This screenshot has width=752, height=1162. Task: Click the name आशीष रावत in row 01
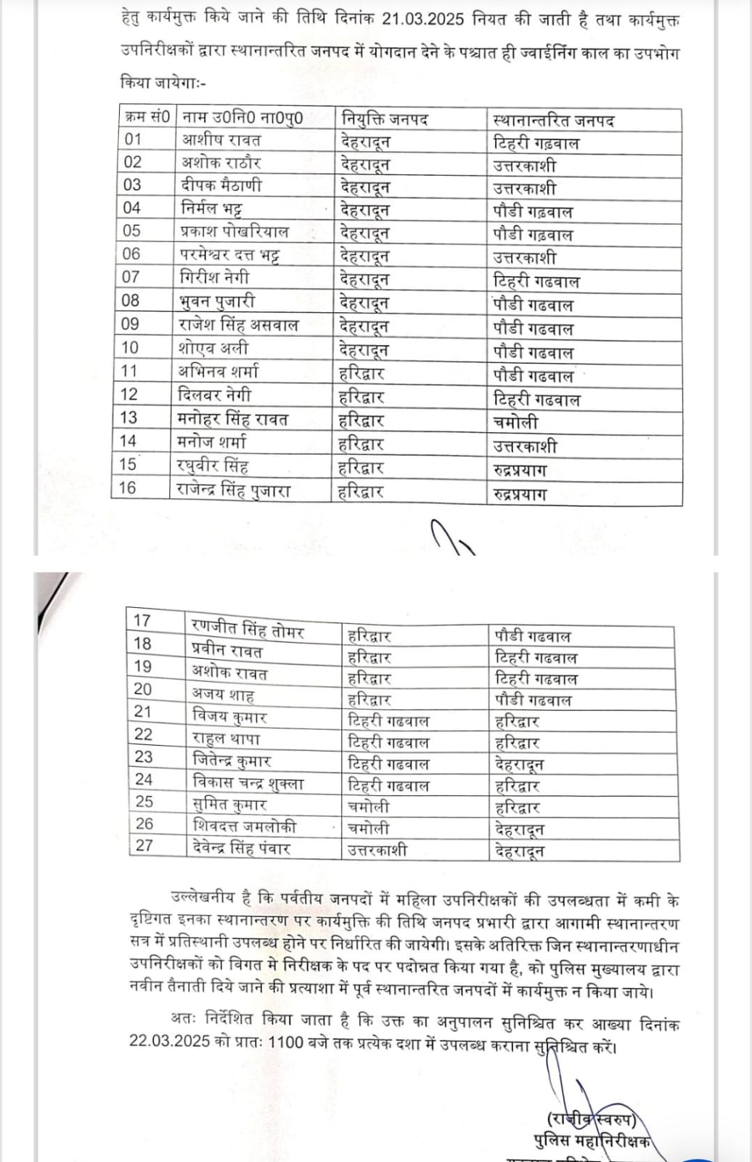click(221, 140)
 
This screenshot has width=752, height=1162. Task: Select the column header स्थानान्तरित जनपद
click(553, 119)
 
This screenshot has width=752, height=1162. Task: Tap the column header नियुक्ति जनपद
click(384, 118)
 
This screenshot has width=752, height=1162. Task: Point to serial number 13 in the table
click(128, 418)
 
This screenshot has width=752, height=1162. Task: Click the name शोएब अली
click(213, 348)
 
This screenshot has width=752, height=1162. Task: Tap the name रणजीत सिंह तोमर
click(248, 628)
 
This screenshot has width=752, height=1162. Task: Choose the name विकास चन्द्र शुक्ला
click(248, 783)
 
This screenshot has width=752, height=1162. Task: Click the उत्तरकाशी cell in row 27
click(377, 849)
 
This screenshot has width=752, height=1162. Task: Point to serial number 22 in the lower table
click(144, 734)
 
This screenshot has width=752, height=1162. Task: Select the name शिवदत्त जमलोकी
click(245, 826)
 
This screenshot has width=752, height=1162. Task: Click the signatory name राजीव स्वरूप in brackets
click(592, 1119)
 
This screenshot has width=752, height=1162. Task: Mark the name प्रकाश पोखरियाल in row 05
click(234, 232)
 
